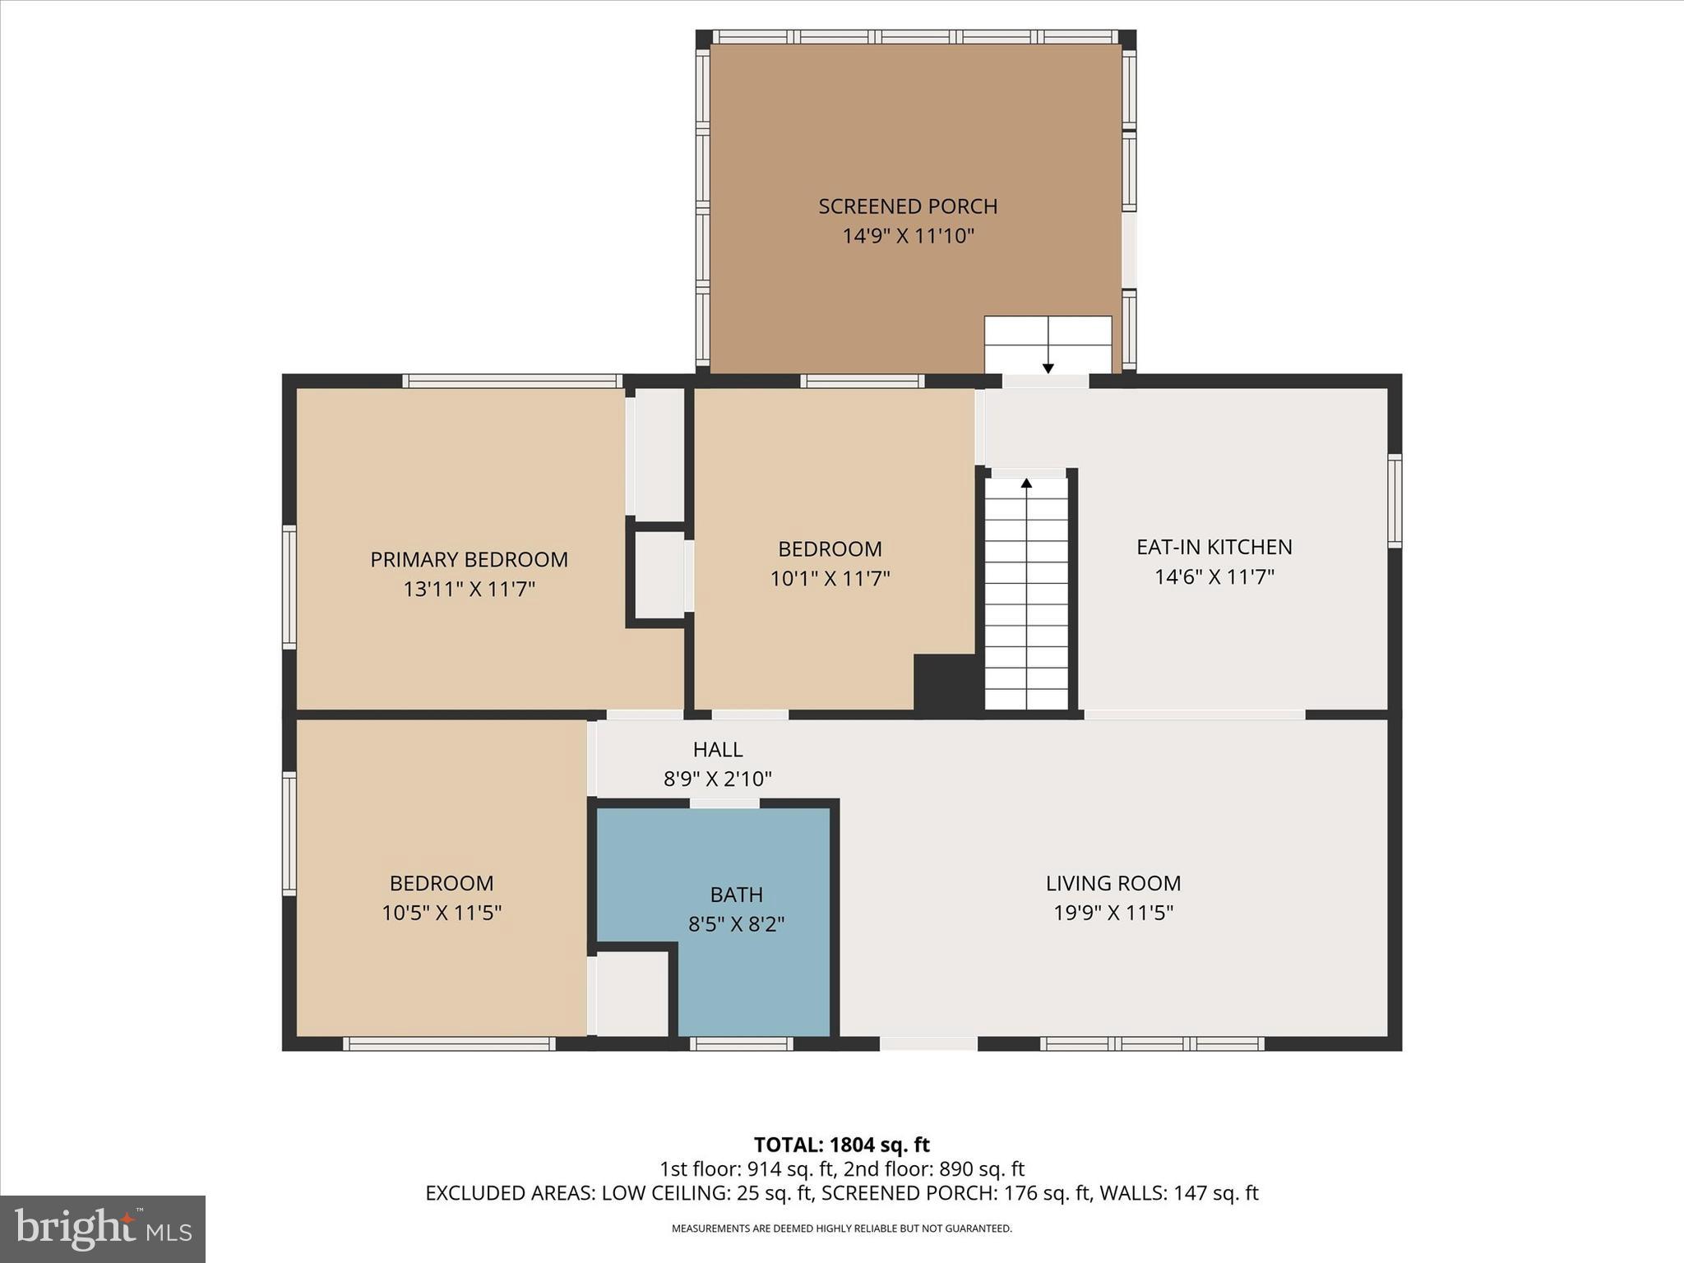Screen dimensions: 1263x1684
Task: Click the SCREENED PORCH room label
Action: [x=908, y=206]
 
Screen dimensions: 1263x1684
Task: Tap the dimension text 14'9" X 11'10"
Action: [x=908, y=237]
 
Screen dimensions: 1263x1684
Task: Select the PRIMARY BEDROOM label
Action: [x=469, y=560]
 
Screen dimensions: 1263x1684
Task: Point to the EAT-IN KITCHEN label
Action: [x=1214, y=548]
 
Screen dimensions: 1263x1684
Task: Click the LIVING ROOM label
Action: [x=1113, y=883]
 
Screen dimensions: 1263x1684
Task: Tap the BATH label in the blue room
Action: [x=736, y=895]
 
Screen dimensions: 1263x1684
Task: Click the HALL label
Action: [x=717, y=749]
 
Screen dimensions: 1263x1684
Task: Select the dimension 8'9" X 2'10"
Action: [x=717, y=779]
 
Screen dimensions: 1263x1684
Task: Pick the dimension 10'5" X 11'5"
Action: [x=442, y=913]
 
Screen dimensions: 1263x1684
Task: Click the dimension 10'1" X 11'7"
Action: [x=830, y=579]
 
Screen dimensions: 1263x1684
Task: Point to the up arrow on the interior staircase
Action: [x=1026, y=483]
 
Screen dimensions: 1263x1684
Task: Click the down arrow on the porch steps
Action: [x=1048, y=367]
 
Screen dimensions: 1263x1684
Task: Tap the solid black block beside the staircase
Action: [x=946, y=682]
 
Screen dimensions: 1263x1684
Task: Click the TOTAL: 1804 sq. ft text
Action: [x=841, y=1145]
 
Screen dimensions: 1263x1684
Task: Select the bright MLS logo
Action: [x=103, y=1228]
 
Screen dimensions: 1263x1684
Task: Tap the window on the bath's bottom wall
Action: [x=741, y=1043]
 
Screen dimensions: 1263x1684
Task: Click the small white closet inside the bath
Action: [x=631, y=993]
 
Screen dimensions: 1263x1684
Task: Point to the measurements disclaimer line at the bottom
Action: [x=841, y=1228]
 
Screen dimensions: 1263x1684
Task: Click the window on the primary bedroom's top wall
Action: [x=511, y=381]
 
